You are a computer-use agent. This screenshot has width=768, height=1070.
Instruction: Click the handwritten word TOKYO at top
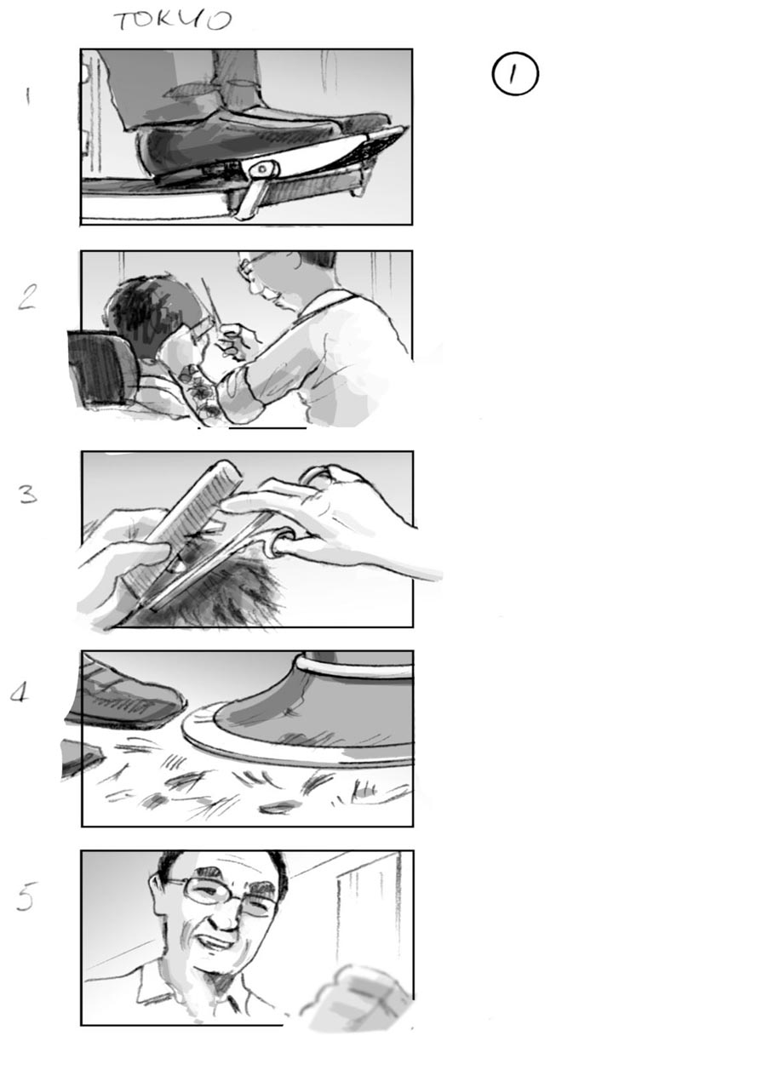point(172,20)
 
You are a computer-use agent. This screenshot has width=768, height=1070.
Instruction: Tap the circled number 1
point(514,75)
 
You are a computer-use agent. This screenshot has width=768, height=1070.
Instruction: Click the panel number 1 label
point(28,95)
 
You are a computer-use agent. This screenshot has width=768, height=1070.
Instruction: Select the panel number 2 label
point(28,297)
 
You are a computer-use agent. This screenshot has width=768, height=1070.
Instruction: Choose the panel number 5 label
point(26,896)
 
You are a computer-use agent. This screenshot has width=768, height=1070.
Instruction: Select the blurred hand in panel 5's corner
point(362,1000)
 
